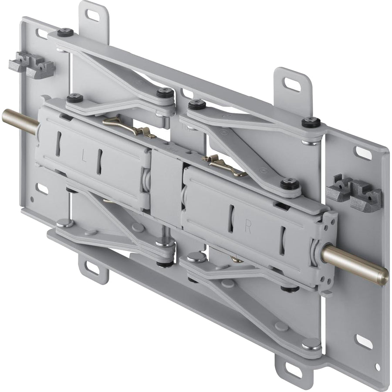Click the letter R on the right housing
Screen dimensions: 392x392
248,227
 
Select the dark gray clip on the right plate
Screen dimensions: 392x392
354,192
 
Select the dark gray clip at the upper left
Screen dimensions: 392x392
32,65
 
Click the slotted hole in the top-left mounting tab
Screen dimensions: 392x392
92,15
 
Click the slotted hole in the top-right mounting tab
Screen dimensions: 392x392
291,84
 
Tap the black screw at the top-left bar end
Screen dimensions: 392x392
65,32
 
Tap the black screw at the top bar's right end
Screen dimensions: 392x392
311,122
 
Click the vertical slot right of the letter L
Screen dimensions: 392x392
99,162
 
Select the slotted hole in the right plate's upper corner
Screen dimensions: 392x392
363,153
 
